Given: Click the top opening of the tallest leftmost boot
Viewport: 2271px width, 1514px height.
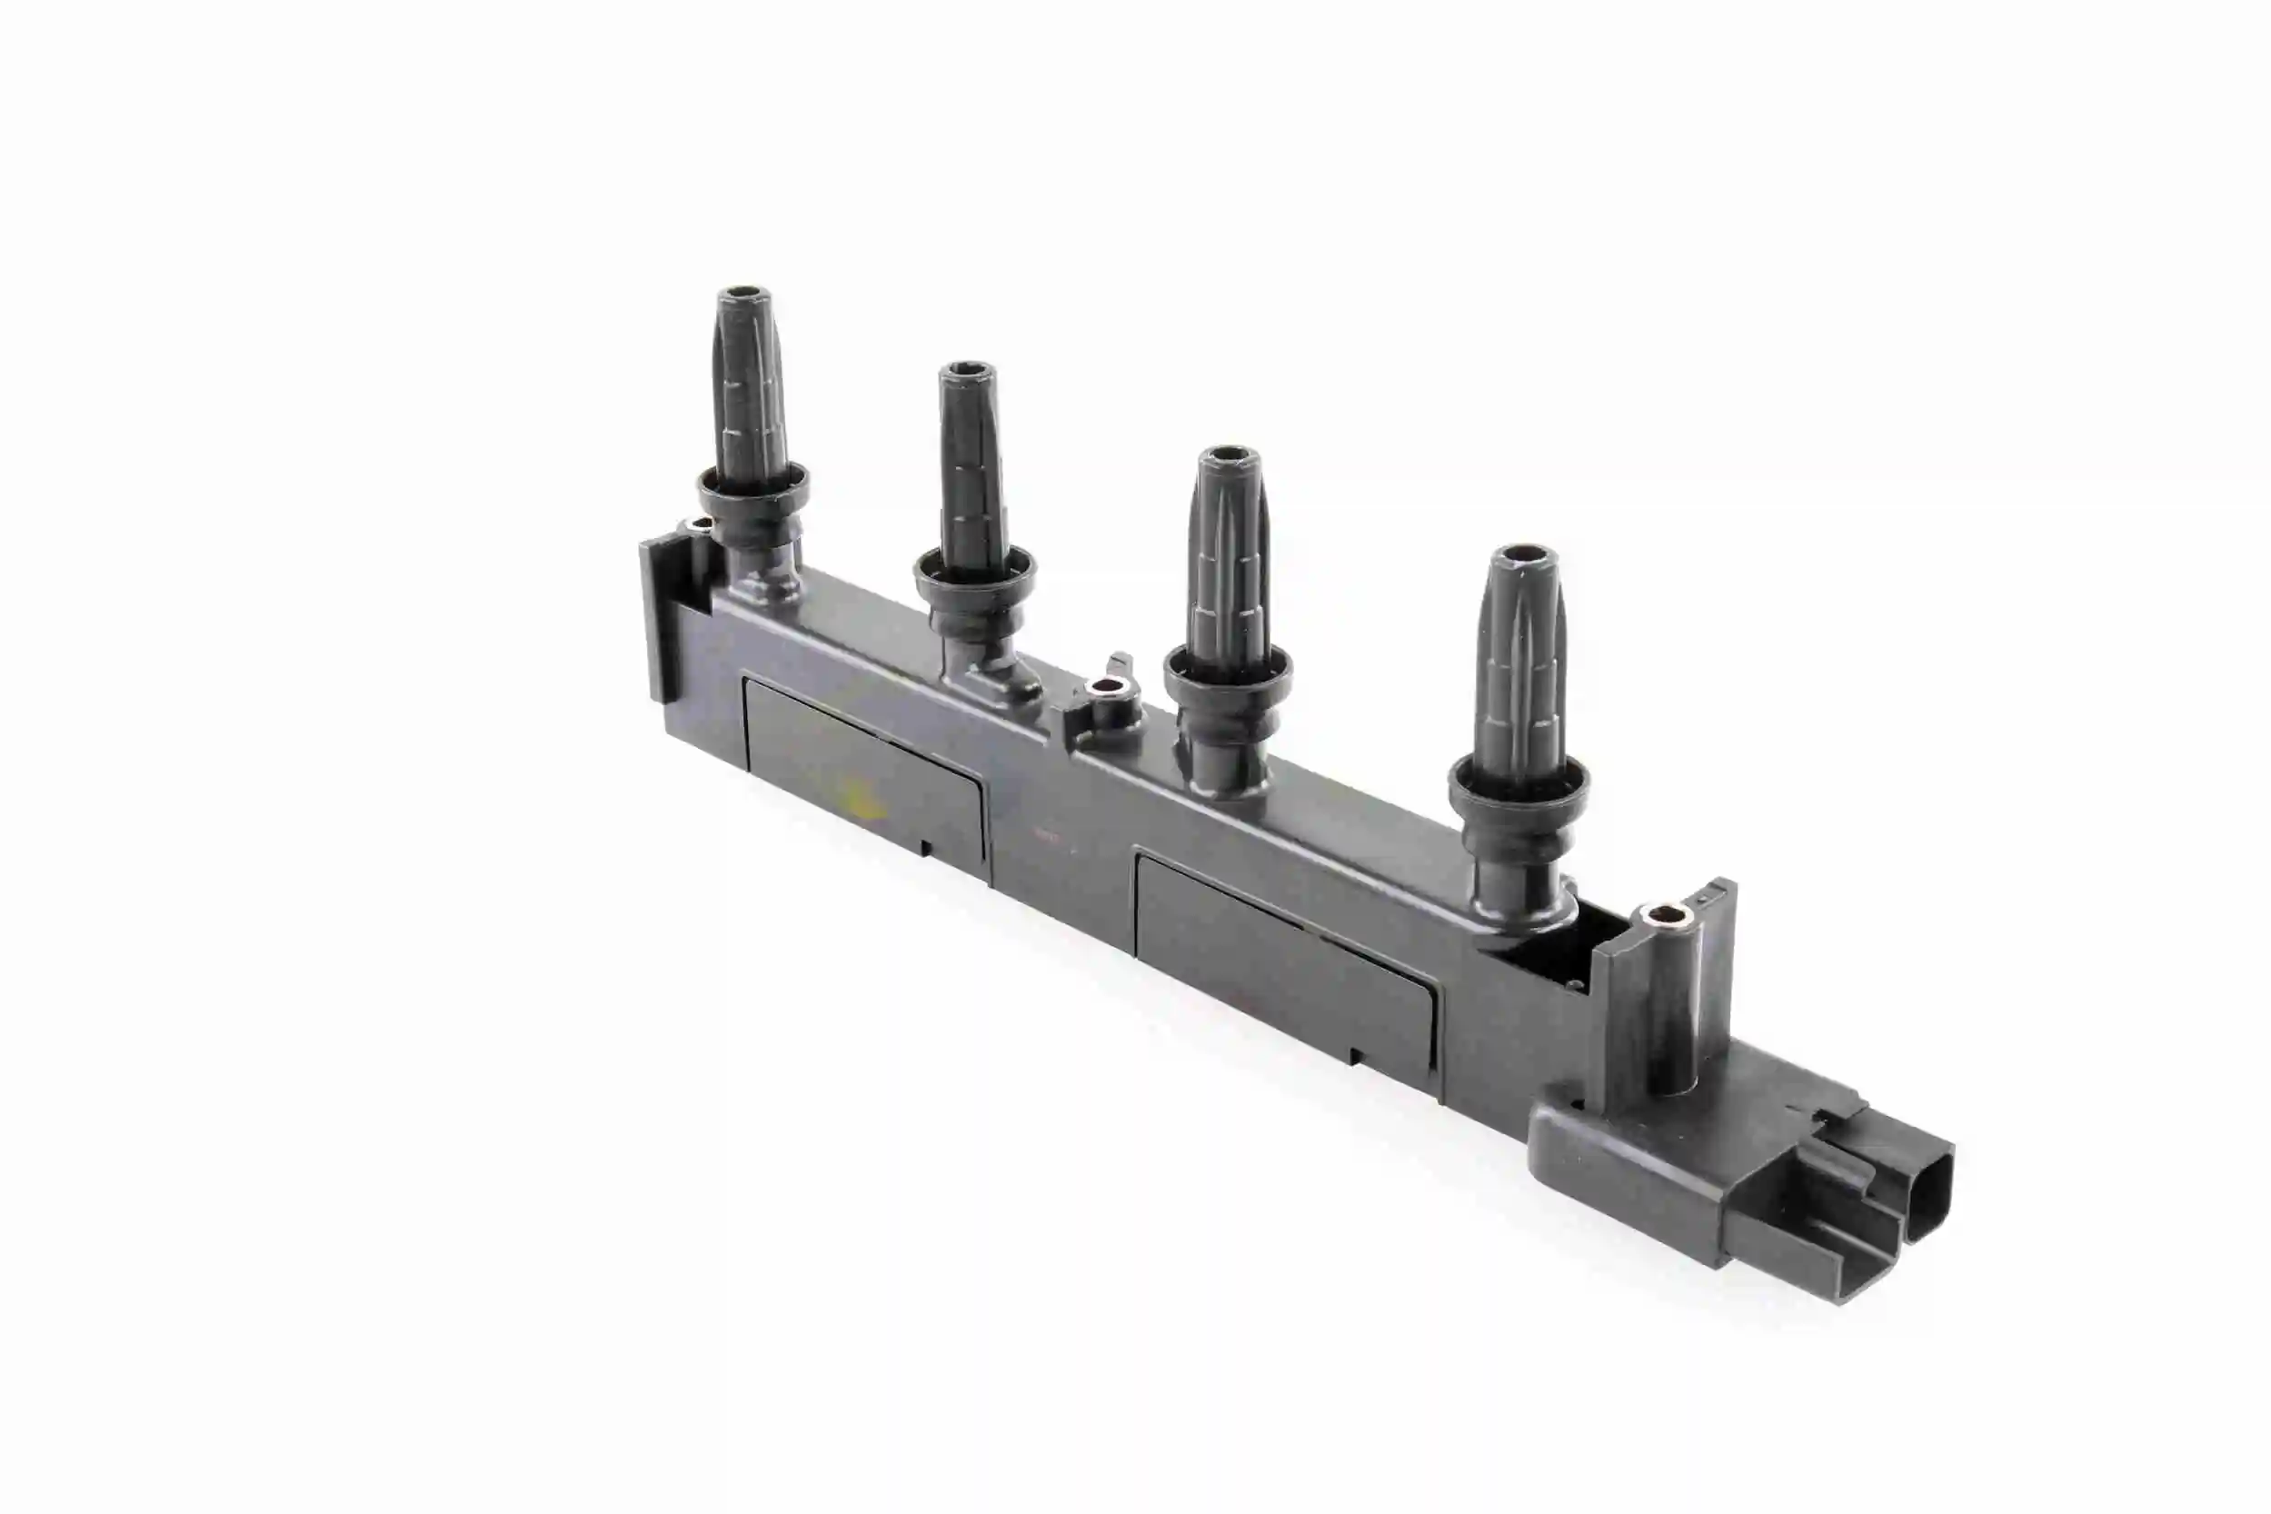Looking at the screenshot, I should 743,293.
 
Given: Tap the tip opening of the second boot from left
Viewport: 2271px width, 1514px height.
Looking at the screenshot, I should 967,370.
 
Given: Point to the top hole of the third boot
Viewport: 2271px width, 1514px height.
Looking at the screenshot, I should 1230,454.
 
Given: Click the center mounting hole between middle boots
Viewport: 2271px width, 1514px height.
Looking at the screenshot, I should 1107,689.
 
